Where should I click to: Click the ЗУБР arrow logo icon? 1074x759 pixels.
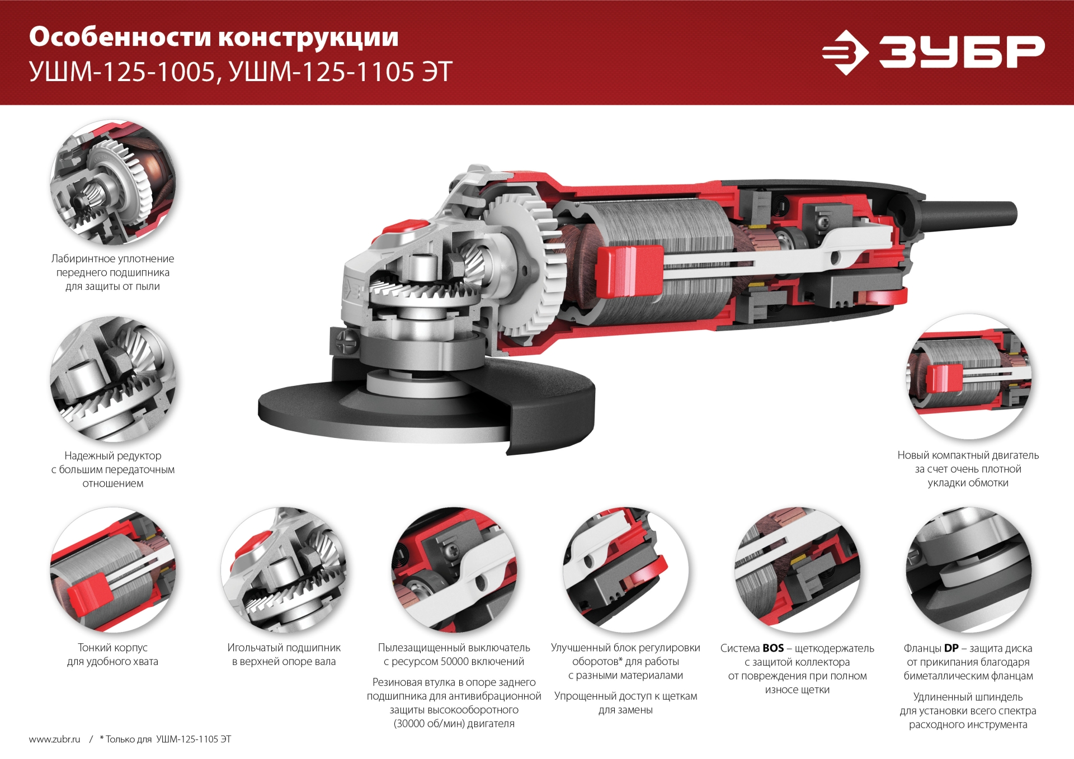coord(845,52)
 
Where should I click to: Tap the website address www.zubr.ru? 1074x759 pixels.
coord(55,739)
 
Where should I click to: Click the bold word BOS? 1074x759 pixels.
coord(773,648)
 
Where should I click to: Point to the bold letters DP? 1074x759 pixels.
coord(951,648)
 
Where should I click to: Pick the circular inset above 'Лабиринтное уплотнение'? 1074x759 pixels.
coord(113,182)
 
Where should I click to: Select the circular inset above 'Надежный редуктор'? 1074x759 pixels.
coord(113,379)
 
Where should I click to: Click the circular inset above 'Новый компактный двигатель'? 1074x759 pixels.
coord(968,376)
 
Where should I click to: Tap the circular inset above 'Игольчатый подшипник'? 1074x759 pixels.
coord(284,570)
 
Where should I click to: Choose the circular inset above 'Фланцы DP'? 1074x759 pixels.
coord(968,570)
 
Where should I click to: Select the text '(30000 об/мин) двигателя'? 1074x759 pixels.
coord(454,724)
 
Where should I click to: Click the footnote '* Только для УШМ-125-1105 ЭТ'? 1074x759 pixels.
coord(166,739)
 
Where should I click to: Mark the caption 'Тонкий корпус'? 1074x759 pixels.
coord(113,648)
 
